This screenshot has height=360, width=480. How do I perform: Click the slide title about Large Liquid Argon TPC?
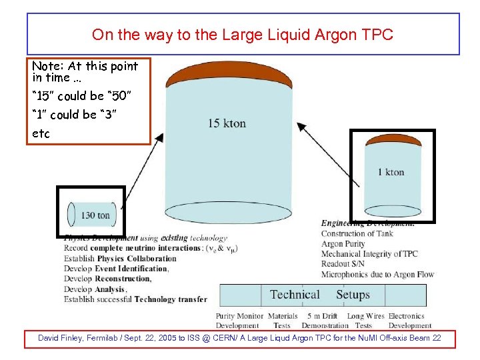[243, 35]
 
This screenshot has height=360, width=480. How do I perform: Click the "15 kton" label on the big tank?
[227, 123]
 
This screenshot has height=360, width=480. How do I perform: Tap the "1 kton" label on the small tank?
[391, 172]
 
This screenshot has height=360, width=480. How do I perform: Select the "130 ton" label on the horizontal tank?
[95, 215]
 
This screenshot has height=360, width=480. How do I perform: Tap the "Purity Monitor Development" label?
[238, 321]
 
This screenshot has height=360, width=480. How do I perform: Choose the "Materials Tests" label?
[282, 321]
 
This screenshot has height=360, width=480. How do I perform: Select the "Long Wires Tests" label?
[365, 321]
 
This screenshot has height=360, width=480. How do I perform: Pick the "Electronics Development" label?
[406, 321]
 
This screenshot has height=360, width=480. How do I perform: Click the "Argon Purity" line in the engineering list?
[343, 244]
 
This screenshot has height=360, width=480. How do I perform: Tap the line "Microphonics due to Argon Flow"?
[377, 274]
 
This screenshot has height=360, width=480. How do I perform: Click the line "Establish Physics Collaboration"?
[120, 259]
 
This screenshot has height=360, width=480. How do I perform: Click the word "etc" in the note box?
[41, 134]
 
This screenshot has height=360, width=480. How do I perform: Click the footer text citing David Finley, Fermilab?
[240, 339]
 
